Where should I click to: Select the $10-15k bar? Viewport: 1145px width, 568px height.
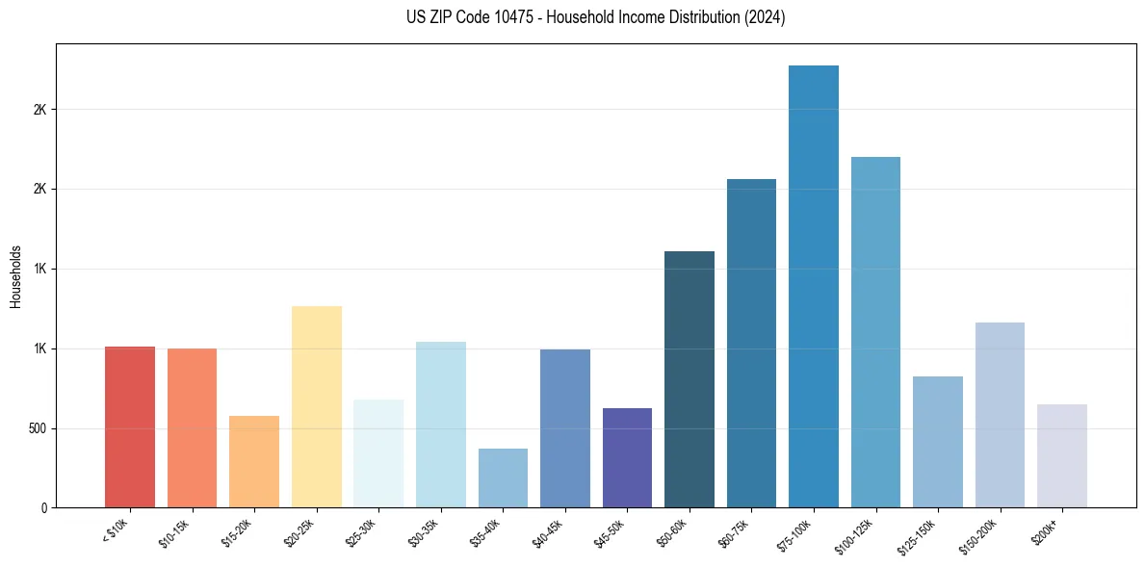point(192,427)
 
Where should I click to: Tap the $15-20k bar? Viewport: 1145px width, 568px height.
point(254,461)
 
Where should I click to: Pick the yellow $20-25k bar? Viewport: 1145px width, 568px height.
point(316,406)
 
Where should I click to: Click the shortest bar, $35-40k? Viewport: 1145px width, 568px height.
point(503,478)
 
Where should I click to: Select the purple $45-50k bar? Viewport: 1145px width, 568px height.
point(627,457)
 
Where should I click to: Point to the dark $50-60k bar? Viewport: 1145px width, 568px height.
point(690,379)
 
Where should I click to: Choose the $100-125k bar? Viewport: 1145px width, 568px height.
point(875,332)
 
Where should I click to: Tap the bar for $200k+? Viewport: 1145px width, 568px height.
point(1062,455)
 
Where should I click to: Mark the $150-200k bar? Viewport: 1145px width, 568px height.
point(1000,415)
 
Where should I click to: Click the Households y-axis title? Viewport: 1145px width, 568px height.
point(15,275)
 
